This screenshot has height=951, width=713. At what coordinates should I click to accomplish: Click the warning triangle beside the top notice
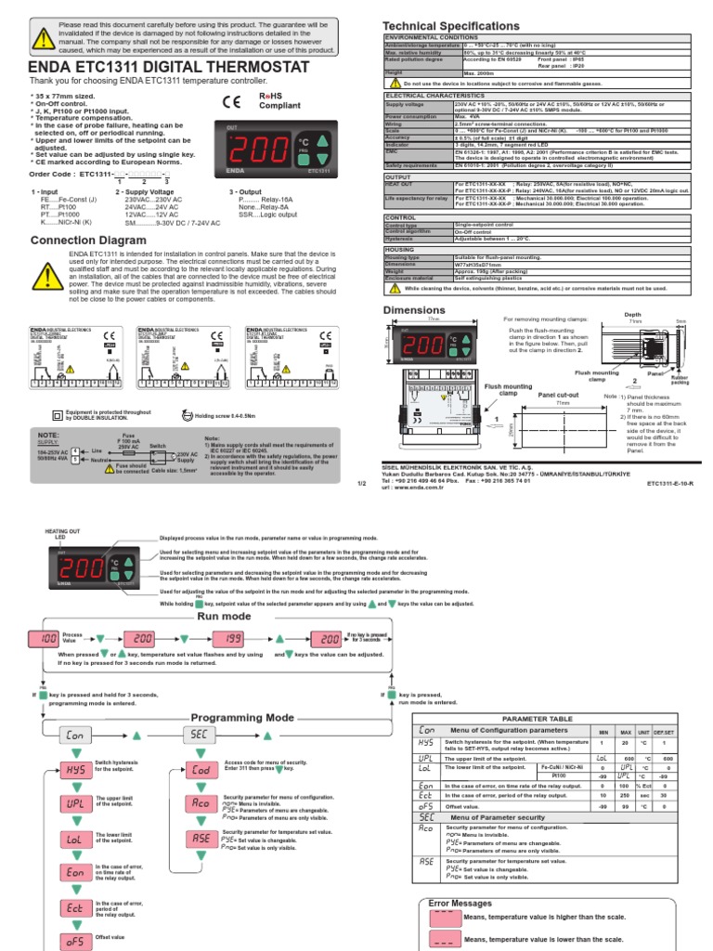[x=43, y=37]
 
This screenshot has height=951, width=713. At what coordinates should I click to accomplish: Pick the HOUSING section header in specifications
[x=400, y=249]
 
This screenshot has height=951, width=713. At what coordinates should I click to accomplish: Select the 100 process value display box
[x=44, y=640]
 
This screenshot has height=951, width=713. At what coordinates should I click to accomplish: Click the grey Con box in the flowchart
[x=76, y=735]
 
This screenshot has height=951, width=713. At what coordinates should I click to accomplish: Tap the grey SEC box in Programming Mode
[x=201, y=735]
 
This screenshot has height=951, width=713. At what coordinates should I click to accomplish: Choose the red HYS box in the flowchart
[x=76, y=770]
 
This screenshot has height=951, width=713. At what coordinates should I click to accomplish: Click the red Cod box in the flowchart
[x=201, y=770]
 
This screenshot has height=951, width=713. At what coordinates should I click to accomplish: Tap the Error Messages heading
[x=460, y=902]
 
